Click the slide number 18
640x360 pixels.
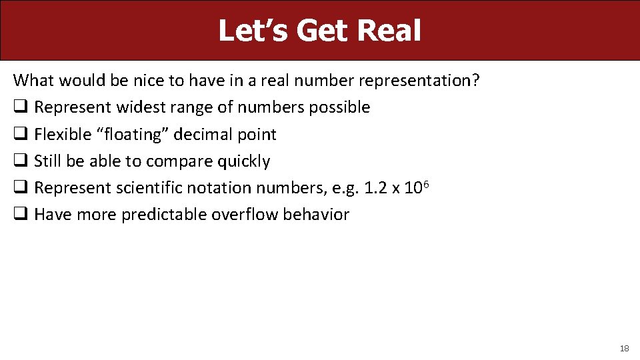click(624, 348)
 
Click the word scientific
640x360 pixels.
click(151, 188)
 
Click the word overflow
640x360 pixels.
click(242, 215)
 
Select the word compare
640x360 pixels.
click(175, 161)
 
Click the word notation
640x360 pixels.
click(220, 188)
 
